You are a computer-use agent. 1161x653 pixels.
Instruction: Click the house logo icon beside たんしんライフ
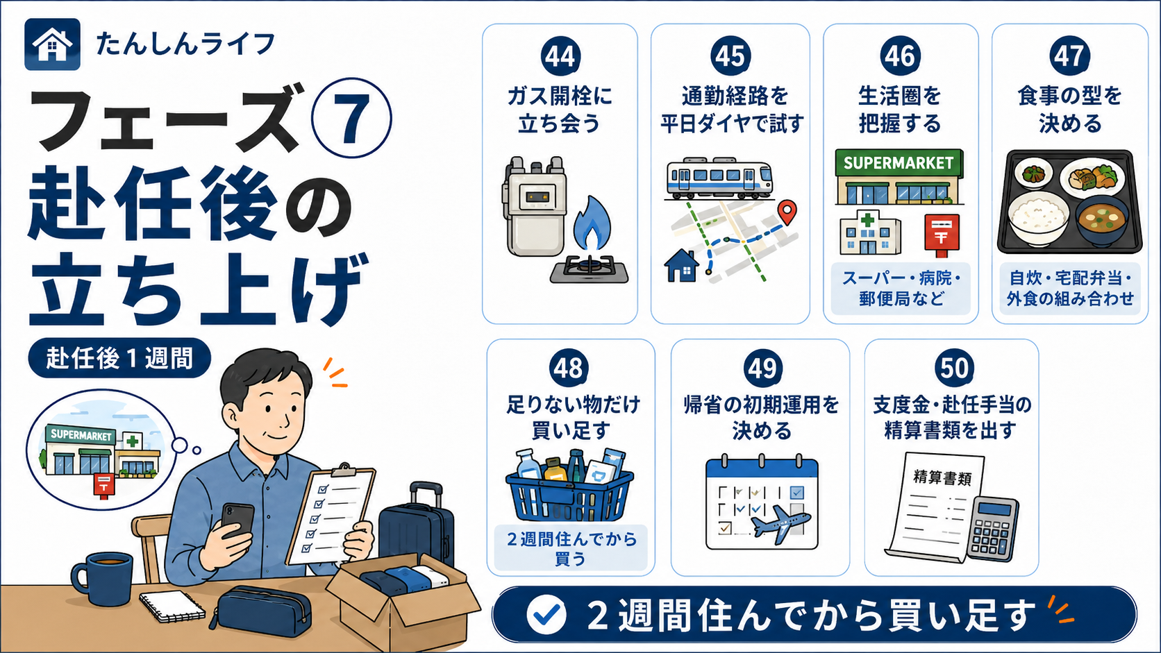click(52, 44)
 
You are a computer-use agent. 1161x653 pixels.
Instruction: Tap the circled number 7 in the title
click(351, 118)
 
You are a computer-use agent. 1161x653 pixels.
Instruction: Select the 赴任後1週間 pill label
click(119, 358)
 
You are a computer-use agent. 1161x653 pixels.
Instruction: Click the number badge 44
click(560, 56)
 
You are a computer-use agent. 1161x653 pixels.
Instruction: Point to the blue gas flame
click(592, 223)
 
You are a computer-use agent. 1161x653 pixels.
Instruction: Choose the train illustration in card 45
click(719, 178)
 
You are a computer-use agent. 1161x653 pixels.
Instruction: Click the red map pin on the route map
click(787, 212)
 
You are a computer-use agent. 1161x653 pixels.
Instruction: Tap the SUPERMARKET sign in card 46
click(899, 163)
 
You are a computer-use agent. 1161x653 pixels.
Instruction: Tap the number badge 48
click(569, 368)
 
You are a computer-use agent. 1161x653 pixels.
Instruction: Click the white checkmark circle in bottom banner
click(546, 615)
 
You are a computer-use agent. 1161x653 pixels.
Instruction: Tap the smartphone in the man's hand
click(238, 520)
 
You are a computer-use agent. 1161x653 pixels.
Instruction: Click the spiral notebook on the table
click(172, 607)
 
